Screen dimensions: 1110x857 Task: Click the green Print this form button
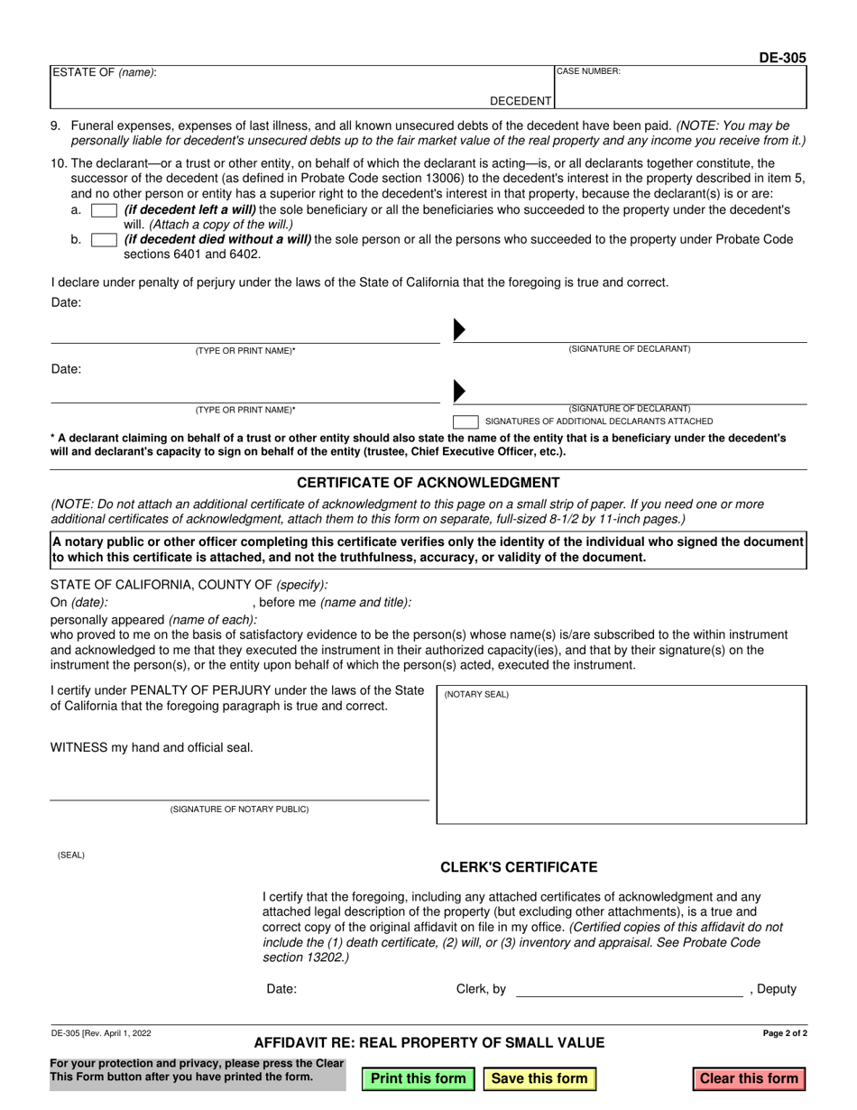419,1078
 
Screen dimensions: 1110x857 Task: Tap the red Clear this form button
749,1078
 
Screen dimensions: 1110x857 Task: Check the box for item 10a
105,210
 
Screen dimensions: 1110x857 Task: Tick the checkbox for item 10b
105,240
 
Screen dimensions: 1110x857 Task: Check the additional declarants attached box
465,421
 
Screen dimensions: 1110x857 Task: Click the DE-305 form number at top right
782,58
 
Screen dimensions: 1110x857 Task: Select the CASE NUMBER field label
588,71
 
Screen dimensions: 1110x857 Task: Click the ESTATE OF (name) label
104,72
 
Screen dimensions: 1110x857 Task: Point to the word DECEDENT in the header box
521,101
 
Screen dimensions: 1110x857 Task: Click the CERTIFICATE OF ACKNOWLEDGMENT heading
428,483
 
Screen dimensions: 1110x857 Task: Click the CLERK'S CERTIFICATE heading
519,867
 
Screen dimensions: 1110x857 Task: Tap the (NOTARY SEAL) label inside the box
476,695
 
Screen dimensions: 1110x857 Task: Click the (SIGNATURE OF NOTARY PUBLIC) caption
239,809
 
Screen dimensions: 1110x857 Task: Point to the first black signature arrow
459,330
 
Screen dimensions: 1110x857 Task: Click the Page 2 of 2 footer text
785,1033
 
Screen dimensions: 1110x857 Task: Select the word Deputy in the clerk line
777,989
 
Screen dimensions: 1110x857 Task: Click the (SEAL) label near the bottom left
71,855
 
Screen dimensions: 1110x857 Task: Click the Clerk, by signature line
629,991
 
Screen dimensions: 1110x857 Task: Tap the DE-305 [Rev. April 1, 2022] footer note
101,1033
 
